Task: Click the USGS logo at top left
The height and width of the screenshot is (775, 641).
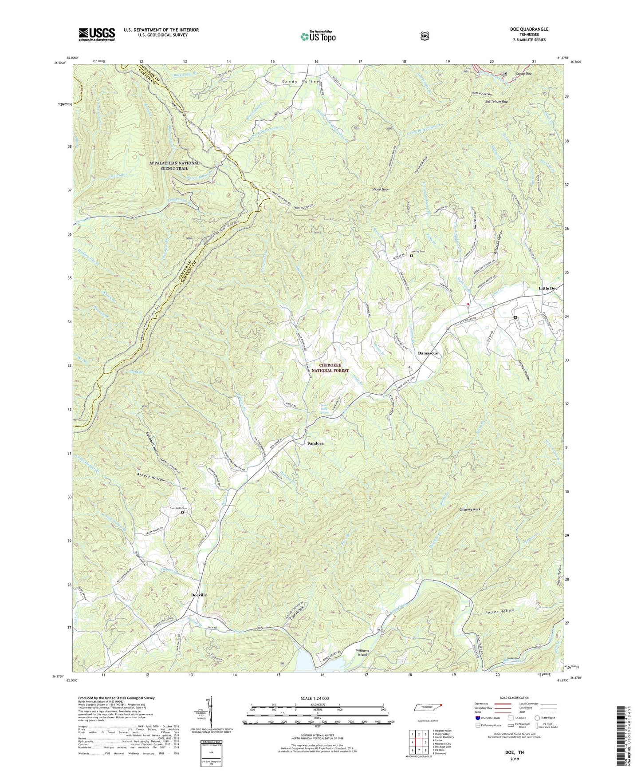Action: (x=97, y=34)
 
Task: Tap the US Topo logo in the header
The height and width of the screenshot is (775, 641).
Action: (x=317, y=36)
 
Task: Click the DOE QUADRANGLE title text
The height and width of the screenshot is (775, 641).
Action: (x=530, y=29)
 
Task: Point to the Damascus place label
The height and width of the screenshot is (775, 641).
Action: (x=428, y=353)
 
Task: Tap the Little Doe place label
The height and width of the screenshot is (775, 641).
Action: (x=548, y=289)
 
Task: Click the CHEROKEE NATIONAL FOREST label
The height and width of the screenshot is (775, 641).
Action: (x=330, y=368)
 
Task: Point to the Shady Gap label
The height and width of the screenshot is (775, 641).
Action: (x=380, y=190)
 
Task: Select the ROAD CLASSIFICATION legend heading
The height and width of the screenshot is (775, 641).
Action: (x=510, y=698)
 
